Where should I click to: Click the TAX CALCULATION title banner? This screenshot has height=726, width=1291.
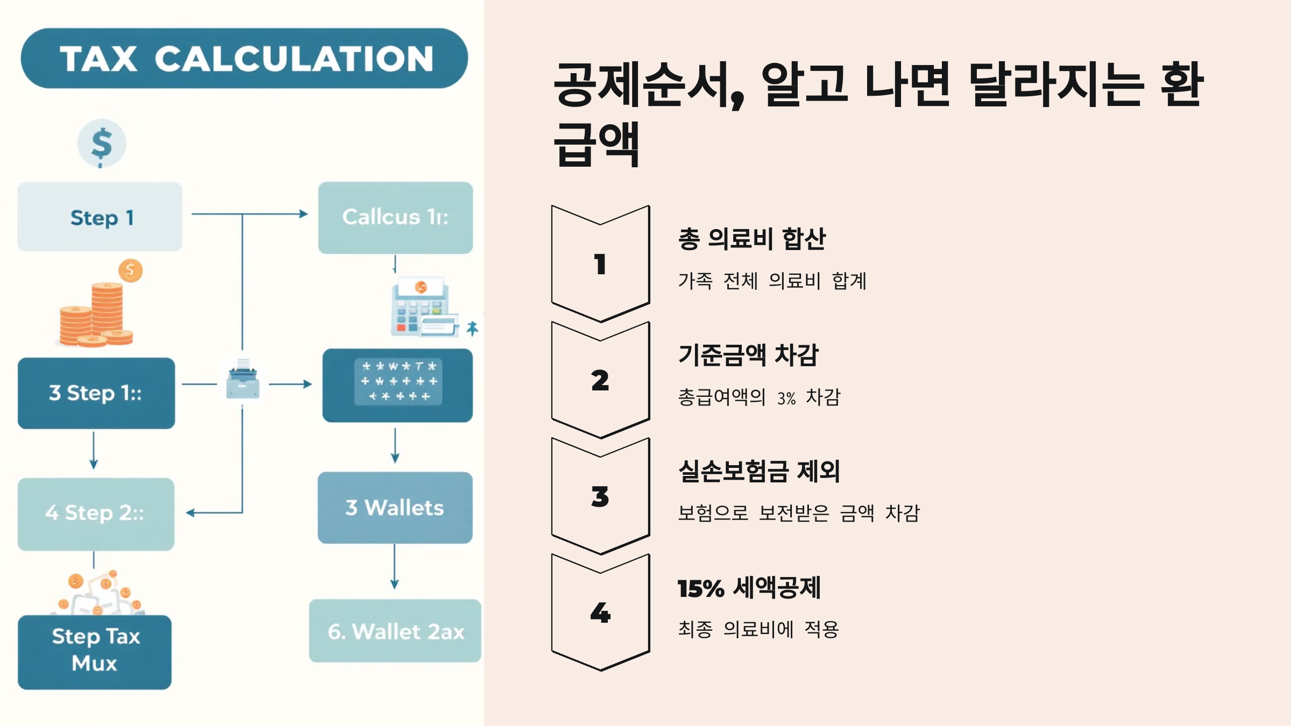[244, 58]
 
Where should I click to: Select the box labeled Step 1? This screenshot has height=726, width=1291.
[100, 217]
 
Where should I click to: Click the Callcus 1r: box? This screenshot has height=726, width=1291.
[395, 217]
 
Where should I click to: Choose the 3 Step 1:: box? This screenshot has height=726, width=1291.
[96, 393]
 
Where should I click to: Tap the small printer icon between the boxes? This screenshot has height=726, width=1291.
[243, 380]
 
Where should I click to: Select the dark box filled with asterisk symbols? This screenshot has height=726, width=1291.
[398, 385]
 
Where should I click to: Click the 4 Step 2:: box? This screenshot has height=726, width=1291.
[96, 514]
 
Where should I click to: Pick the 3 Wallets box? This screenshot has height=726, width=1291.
[395, 508]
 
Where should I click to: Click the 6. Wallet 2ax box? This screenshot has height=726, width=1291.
[395, 631]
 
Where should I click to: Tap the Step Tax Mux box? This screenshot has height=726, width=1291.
[95, 651]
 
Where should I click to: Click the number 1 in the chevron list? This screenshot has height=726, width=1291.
[600, 265]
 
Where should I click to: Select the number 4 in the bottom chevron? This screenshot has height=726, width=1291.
[600, 613]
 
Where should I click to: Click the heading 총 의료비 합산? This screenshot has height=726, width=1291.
[751, 239]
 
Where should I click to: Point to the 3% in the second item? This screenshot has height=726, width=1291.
[786, 398]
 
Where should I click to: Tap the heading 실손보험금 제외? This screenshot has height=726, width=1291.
[759, 471]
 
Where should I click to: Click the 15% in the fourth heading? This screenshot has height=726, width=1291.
[700, 588]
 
